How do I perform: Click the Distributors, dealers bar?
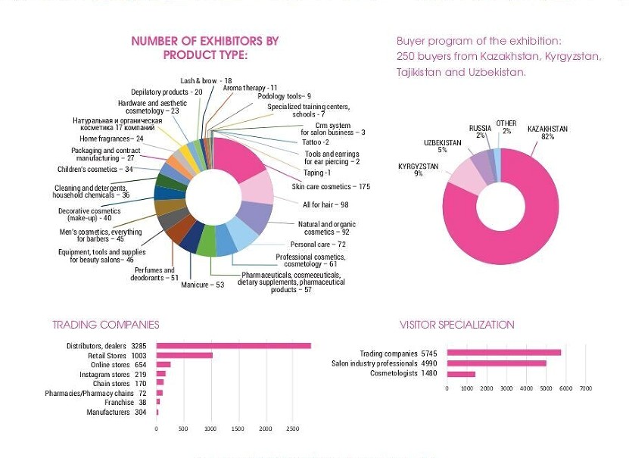233,346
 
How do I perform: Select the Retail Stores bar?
184,355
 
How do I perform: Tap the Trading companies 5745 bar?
503,353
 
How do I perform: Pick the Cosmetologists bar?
461,374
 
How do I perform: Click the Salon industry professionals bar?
496,363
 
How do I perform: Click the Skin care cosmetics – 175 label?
331,186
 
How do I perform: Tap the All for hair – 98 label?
325,205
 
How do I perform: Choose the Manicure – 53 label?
202,285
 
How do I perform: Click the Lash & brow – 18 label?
206,81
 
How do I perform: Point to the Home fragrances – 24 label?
111,139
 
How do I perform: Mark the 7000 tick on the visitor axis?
586,388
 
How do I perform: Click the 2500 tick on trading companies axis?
292,429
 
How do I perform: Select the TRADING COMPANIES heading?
106,325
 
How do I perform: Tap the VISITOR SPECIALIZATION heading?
456,325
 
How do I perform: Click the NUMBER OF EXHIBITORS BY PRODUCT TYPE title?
205,48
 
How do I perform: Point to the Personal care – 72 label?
318,245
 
